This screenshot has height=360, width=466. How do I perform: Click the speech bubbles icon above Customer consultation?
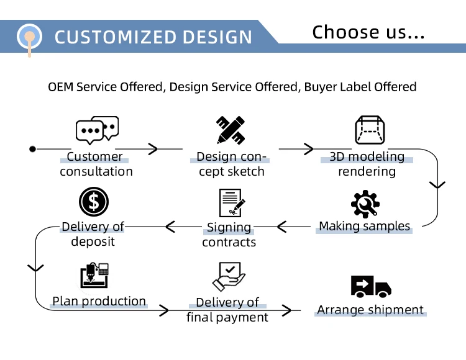tap(97, 130)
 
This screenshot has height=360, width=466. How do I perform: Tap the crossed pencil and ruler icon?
tap(230, 130)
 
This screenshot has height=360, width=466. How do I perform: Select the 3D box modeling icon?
tap(370, 130)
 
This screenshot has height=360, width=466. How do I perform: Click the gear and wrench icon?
tap(365, 204)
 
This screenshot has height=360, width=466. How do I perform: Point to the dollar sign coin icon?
tap(94, 202)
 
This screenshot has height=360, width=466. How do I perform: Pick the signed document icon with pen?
tap(231, 203)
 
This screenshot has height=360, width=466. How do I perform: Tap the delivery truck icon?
tap(371, 287)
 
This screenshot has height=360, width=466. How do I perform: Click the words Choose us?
tap(368, 32)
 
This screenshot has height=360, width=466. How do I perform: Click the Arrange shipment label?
tap(370, 310)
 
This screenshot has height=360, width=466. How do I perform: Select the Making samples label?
tap(365, 226)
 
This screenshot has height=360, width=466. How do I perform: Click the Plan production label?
tap(99, 301)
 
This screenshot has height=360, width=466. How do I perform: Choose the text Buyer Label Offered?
tap(360, 87)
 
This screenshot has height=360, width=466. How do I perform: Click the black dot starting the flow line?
tap(33, 149)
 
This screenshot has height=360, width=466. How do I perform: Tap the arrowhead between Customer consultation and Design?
tap(153, 149)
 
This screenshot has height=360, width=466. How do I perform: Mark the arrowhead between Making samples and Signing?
tap(283, 227)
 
